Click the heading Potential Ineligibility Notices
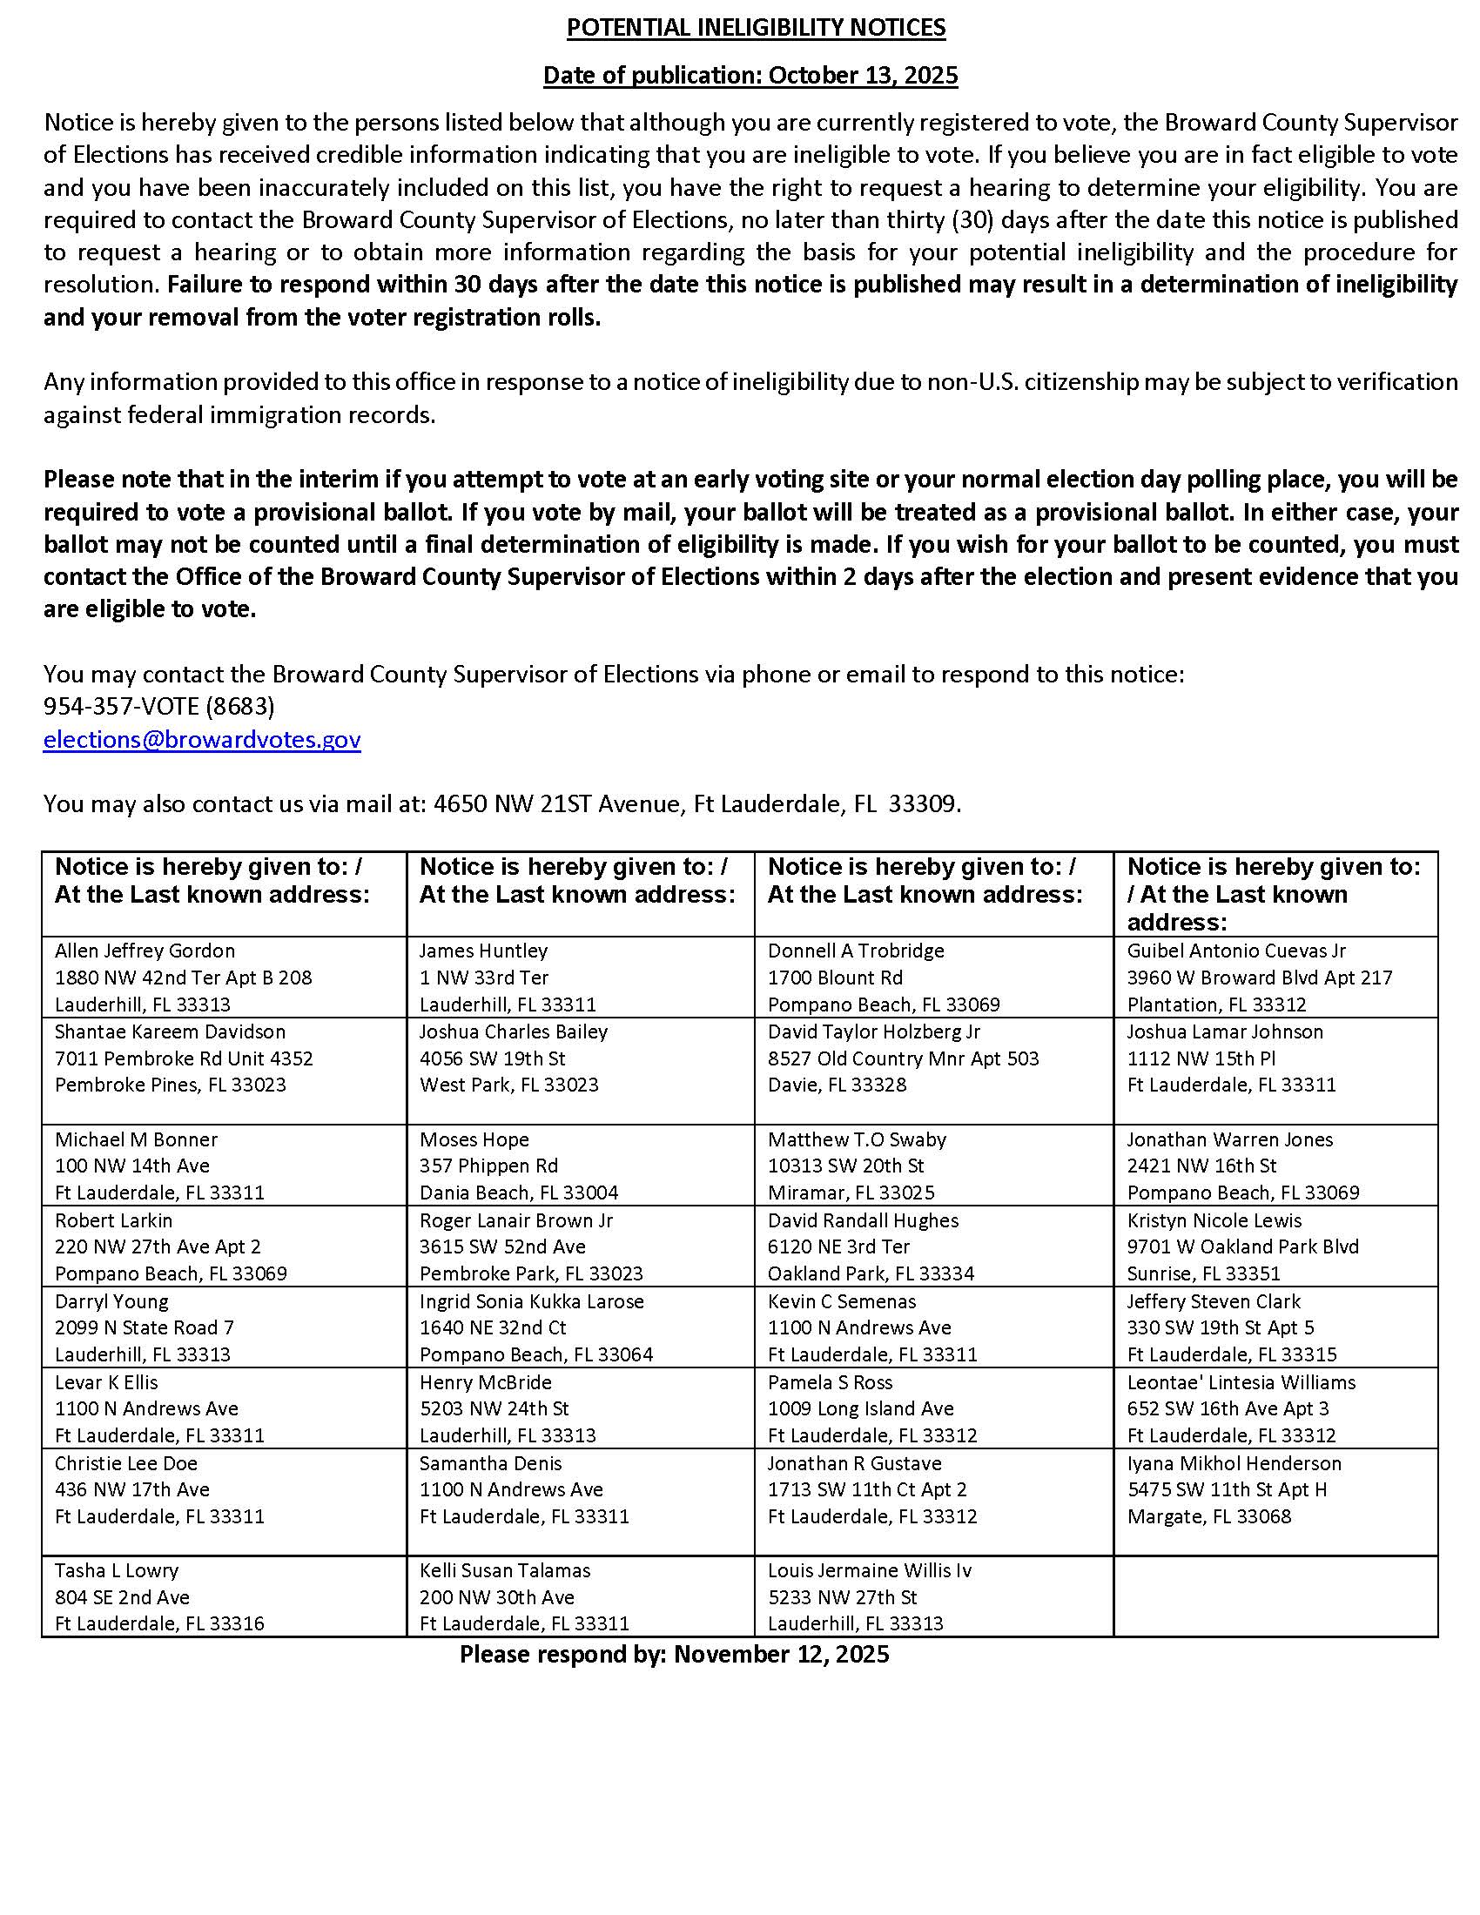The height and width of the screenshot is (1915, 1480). pyautogui.click(x=756, y=28)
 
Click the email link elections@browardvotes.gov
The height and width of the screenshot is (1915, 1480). pyautogui.click(x=202, y=739)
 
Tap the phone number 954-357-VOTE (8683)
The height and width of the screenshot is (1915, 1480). pyautogui.click(x=158, y=706)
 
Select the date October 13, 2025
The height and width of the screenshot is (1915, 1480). pyautogui.click(x=863, y=75)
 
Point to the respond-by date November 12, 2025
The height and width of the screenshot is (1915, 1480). pyautogui.click(x=781, y=1654)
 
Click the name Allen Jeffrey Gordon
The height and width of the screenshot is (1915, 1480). pyautogui.click(x=145, y=951)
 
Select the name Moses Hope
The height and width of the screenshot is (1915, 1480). pyautogui.click(x=474, y=1139)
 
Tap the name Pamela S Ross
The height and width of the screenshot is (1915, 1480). pyautogui.click(x=830, y=1382)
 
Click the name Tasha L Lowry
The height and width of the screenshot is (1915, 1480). pyautogui.click(x=117, y=1570)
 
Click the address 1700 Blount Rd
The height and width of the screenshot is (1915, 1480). pyautogui.click(x=835, y=977)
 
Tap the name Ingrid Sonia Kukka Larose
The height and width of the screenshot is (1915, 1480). pyautogui.click(x=531, y=1301)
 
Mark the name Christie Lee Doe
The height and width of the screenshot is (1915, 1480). pyautogui.click(x=126, y=1463)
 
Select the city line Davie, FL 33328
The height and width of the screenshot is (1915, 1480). pyautogui.click(x=837, y=1085)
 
